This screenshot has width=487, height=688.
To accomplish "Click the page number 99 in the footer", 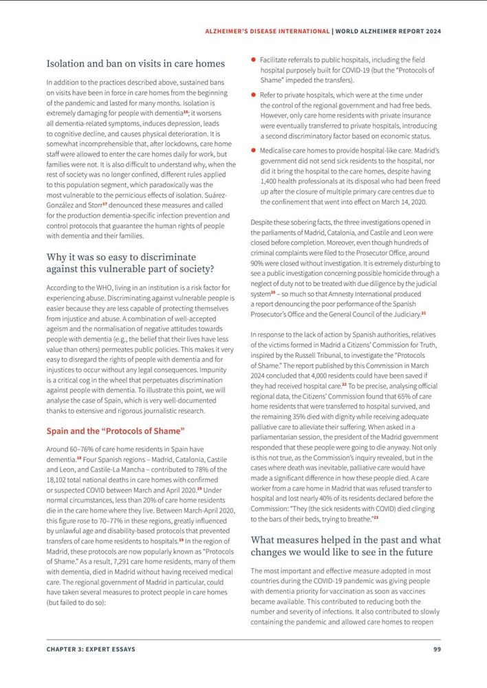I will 437,649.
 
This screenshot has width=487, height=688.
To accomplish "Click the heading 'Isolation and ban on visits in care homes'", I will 136,64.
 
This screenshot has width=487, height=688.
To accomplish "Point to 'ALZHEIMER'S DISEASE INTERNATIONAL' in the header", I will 268,31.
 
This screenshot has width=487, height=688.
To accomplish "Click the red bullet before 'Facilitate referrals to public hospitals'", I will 254,61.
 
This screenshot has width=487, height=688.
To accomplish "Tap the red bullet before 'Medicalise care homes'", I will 254,149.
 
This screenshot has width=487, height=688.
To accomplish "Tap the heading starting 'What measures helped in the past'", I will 345,546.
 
